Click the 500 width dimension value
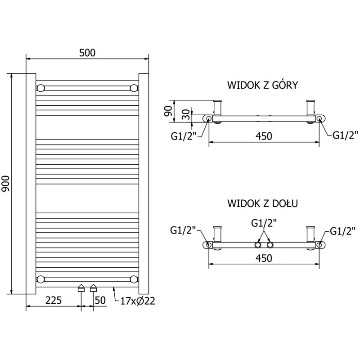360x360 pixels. coord(87,53)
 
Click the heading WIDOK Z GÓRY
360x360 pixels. coord(262,85)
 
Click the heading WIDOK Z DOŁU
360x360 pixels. coord(262,203)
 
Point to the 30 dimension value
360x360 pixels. coord(184,114)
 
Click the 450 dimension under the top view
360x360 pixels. coord(264,136)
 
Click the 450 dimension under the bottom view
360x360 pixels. coord(264,258)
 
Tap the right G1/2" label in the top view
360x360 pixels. coord(345,135)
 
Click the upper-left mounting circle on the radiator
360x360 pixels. coord(41,87)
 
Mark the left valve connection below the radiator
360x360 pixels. coord(81,288)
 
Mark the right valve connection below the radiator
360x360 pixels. coord(93,288)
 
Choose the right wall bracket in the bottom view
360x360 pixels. coord(310,235)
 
